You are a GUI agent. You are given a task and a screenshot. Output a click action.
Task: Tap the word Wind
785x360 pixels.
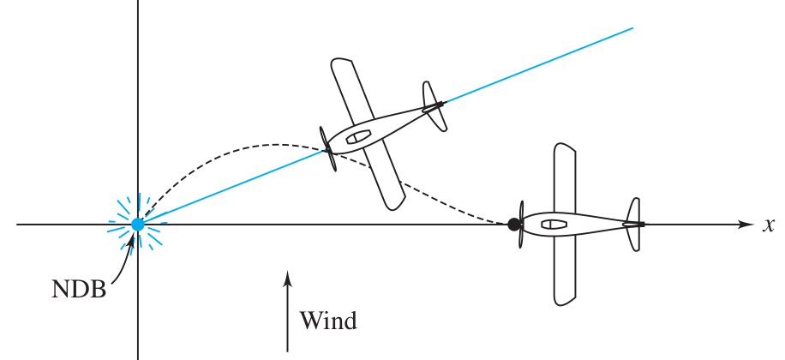tap(328, 321)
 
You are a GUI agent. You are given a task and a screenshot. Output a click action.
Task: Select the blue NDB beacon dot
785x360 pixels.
tap(137, 225)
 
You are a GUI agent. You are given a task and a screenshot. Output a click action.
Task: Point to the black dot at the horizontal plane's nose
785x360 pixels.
tap(514, 225)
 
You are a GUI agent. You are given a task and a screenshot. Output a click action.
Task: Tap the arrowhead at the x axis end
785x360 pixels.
tap(746, 225)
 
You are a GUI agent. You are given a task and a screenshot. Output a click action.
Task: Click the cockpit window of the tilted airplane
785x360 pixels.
tap(358, 135)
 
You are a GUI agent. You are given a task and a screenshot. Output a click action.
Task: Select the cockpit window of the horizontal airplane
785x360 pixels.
tap(554, 225)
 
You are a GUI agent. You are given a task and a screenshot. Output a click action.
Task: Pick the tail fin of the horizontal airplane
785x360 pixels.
tap(634, 225)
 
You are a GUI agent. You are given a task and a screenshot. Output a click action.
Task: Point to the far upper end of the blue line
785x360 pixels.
tap(632, 27)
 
